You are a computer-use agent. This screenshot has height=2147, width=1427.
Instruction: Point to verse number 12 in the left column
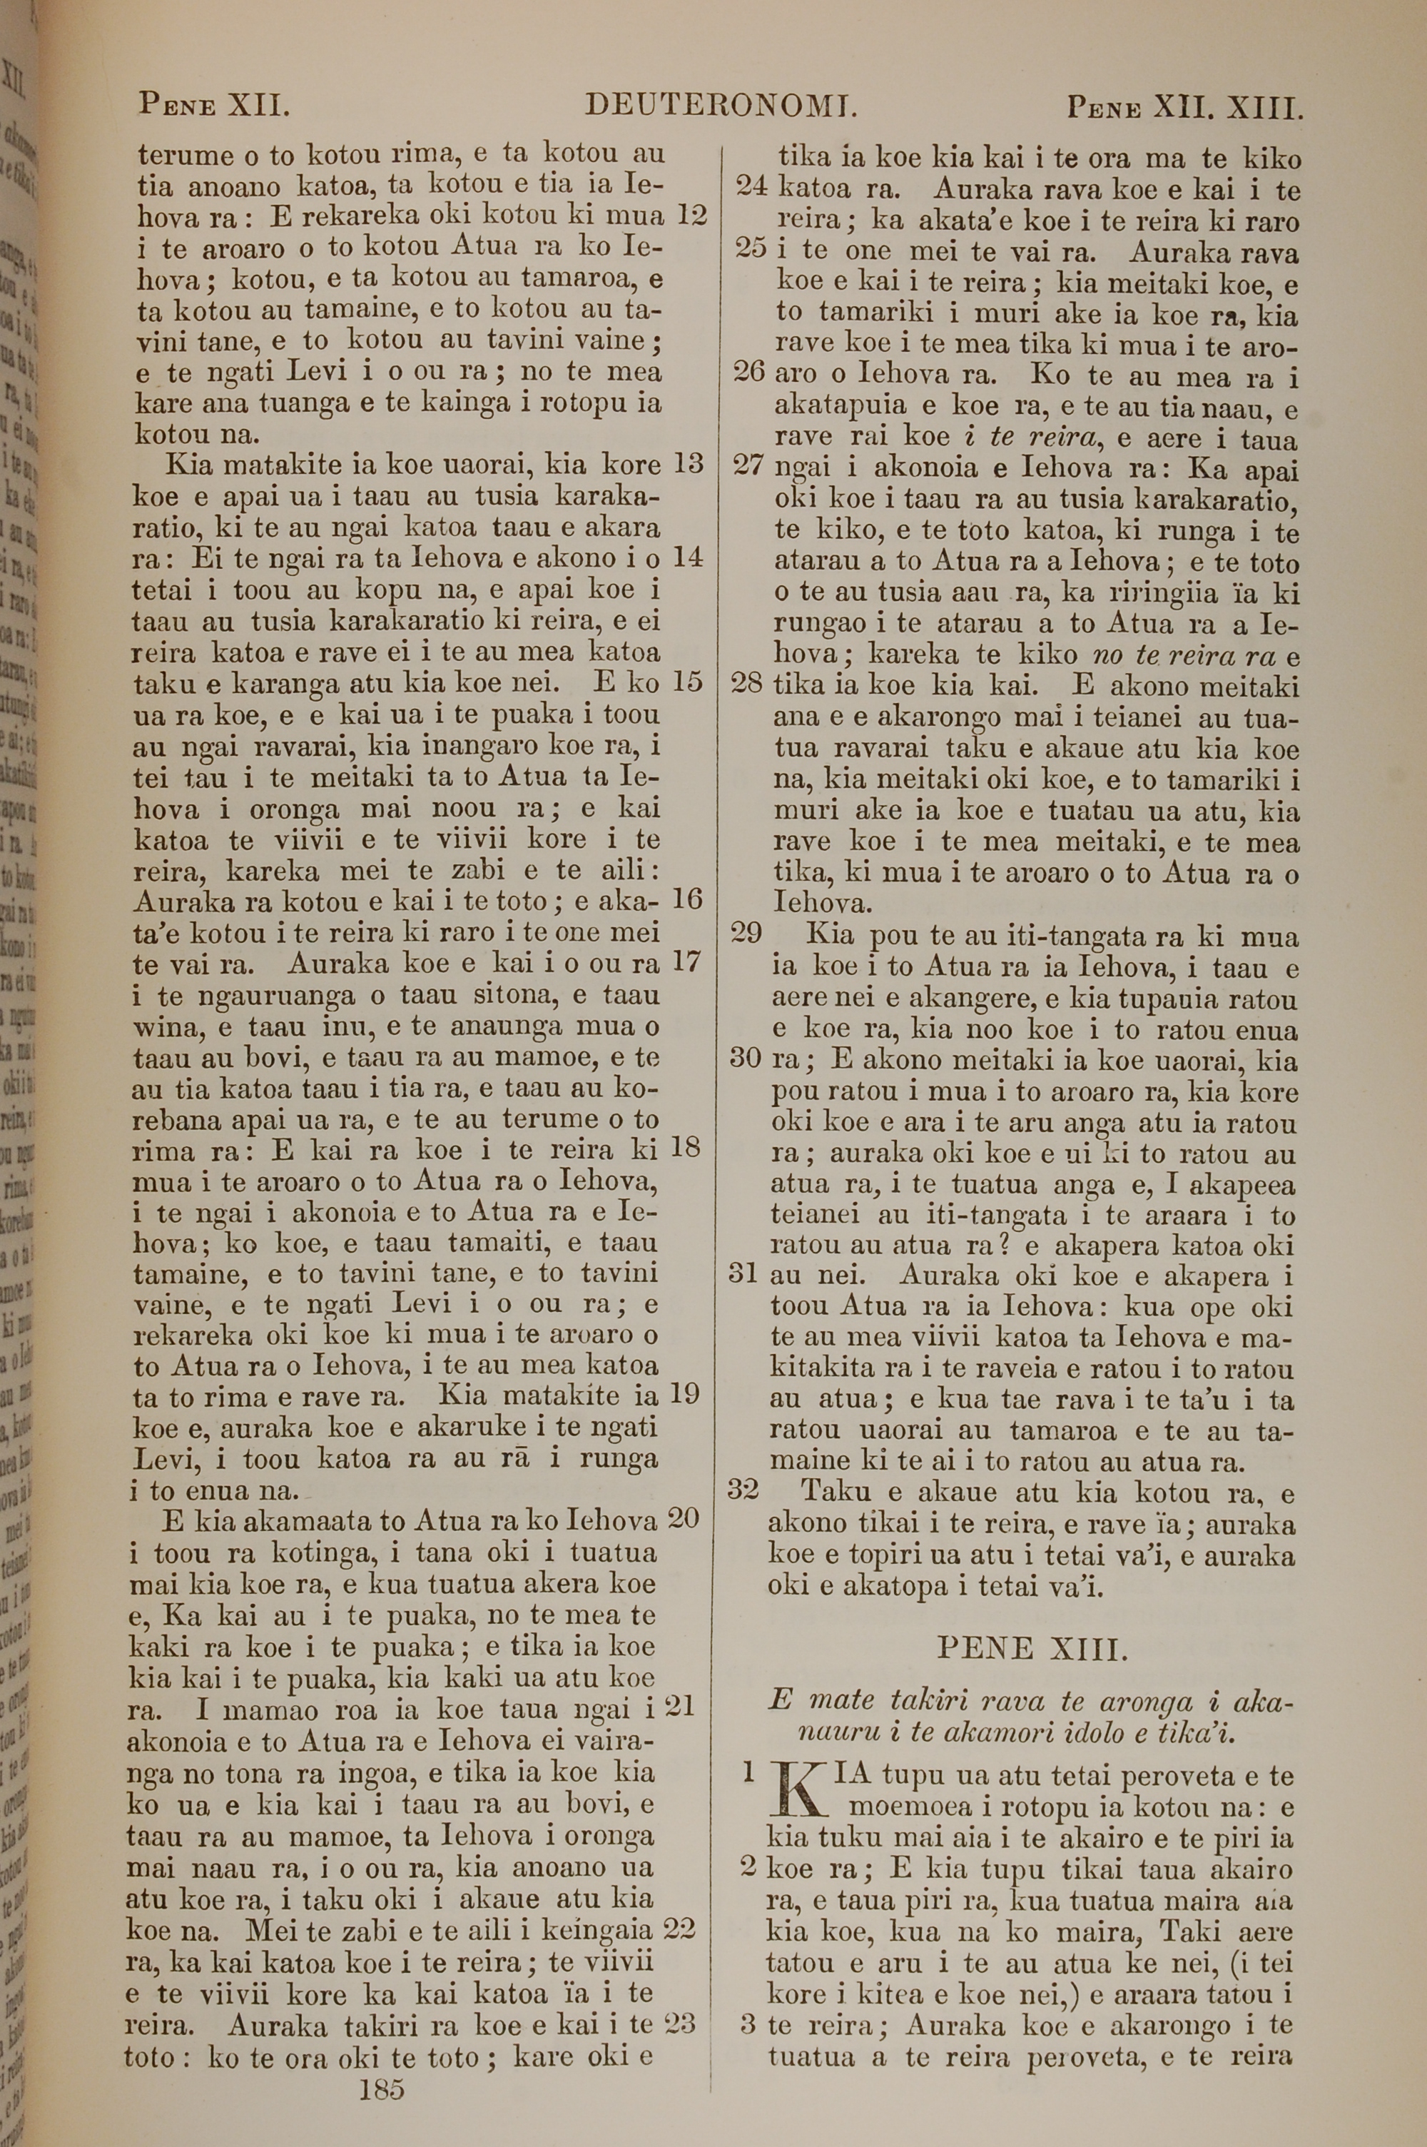(x=691, y=216)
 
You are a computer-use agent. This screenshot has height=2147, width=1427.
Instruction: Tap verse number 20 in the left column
(x=684, y=1517)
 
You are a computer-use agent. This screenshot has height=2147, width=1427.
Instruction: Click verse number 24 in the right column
(x=752, y=188)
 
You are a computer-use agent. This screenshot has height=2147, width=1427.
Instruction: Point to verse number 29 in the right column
(x=746, y=935)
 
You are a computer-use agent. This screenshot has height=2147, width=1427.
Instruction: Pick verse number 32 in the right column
(x=744, y=1489)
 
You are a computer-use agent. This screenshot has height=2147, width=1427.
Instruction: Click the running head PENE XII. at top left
(x=214, y=106)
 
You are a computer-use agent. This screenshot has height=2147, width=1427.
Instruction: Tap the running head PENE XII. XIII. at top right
(x=1186, y=109)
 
